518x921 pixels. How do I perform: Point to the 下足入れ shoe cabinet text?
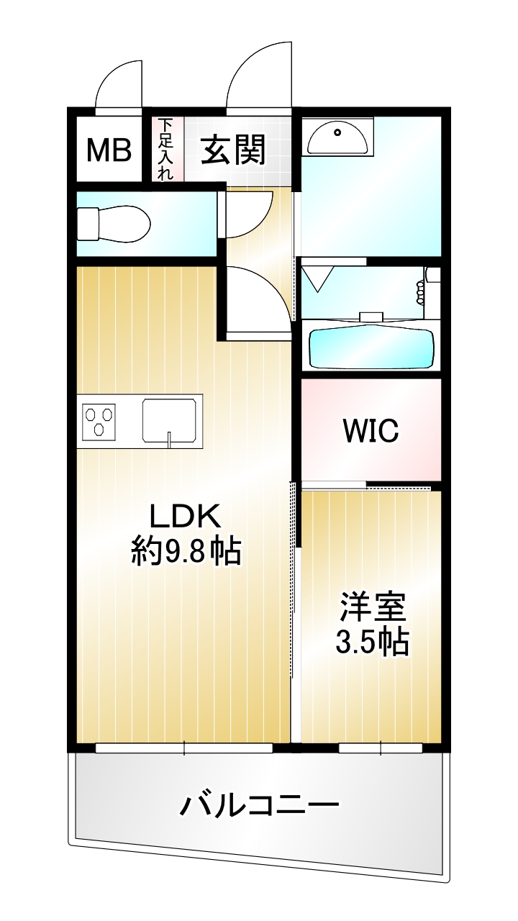165,149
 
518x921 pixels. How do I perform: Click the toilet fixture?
114,224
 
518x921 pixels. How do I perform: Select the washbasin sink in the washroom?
337,137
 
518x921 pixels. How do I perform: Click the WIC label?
371,430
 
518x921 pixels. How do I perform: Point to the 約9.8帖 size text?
186,551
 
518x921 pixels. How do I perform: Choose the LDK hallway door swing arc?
271,288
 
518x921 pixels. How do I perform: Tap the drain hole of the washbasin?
338,132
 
